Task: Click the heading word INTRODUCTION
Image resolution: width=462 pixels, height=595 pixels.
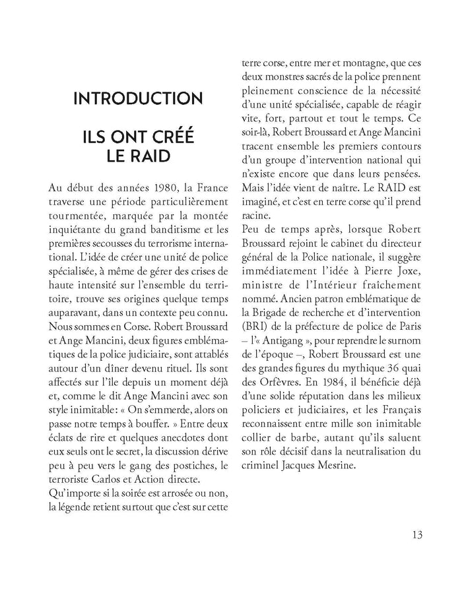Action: (x=138, y=99)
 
